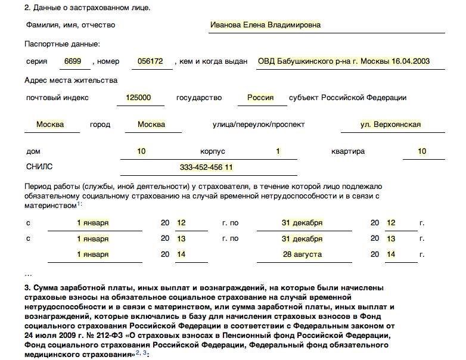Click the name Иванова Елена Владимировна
(265, 25)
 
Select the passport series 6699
(74, 61)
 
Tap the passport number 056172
(150, 61)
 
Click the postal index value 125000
(138, 98)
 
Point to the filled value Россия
(260, 98)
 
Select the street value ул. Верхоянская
(390, 125)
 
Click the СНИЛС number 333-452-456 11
(206, 167)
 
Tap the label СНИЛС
(39, 167)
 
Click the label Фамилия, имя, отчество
(70, 25)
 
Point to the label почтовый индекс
(57, 98)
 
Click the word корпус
(213, 151)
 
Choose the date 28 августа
(302, 255)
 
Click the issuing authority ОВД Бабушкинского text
(343, 61)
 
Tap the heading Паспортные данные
(62, 44)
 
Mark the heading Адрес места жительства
(71, 80)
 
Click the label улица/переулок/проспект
(258, 125)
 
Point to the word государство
(199, 98)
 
